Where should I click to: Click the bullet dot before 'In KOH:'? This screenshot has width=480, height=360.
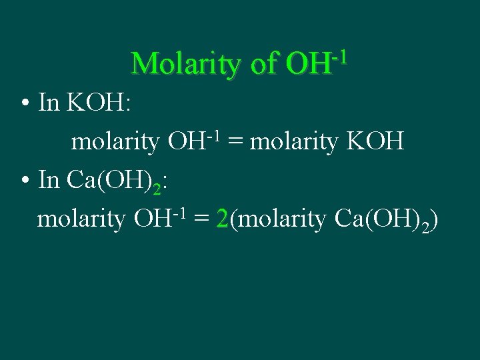[24, 105]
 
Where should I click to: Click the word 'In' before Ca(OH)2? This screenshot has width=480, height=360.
[50, 181]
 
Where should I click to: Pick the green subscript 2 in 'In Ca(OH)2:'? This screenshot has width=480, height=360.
[157, 188]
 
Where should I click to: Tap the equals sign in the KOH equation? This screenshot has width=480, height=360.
[235, 142]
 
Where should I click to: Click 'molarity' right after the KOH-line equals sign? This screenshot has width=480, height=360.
[293, 142]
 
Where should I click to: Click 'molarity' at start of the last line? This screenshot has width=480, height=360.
[81, 219]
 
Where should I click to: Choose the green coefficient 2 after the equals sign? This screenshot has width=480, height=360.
[223, 219]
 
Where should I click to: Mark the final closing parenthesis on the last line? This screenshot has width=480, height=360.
[434, 220]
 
